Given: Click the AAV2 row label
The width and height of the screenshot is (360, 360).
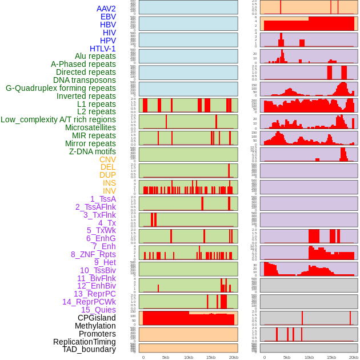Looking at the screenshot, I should (x=106, y=9).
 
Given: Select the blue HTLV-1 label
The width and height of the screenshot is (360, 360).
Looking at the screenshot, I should (x=102, y=49).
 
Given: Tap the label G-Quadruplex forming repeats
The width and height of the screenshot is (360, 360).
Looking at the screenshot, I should (x=61, y=88).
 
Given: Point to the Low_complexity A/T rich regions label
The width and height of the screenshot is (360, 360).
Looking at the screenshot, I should (x=58, y=119).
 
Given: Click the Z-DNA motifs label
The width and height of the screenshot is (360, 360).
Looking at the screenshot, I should (x=93, y=151).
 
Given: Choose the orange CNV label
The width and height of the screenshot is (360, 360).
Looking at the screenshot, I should (x=107, y=159).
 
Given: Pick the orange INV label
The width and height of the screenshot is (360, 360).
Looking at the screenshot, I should (x=109, y=191).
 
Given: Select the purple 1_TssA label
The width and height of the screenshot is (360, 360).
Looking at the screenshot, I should (x=103, y=199).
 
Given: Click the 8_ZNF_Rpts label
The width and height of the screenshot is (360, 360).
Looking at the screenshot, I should (x=93, y=254).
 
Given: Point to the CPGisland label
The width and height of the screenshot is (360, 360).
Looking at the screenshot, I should (x=97, y=318).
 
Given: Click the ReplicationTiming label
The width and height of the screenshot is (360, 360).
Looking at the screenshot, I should (x=84, y=342).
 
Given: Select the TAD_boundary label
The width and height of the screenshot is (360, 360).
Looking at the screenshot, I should (x=89, y=349).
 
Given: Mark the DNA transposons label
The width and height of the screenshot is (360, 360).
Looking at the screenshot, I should (x=85, y=80).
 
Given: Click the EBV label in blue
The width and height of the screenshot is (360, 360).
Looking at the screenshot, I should (x=108, y=17).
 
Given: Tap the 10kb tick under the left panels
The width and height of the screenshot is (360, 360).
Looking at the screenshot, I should (x=188, y=357).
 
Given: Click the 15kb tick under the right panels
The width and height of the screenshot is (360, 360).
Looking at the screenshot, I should (x=331, y=357).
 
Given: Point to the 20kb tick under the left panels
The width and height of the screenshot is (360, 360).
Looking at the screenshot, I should (x=233, y=357).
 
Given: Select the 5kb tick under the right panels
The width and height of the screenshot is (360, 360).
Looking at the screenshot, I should (x=286, y=357).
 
